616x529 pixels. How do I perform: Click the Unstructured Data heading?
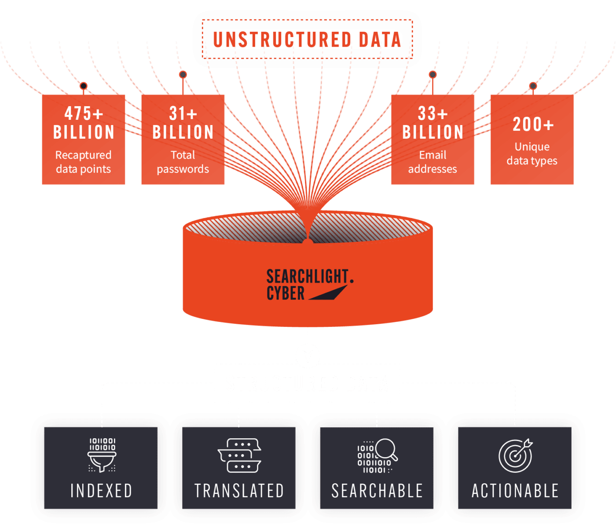point(307,40)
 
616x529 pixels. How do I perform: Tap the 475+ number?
point(84,114)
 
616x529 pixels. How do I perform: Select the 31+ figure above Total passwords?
point(183,114)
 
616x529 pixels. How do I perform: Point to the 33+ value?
point(433,114)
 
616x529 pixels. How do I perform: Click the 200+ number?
point(532,124)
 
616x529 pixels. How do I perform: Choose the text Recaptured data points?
point(84,162)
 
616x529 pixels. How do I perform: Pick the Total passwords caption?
point(183,162)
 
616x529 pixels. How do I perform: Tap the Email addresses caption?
point(433,162)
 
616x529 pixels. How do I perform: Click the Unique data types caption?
point(532,154)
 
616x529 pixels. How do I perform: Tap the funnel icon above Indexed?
point(102,455)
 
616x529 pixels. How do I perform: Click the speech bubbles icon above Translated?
point(239,455)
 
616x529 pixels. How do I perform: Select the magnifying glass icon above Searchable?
point(378,455)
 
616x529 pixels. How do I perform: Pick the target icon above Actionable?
point(515,455)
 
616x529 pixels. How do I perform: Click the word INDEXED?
point(102,491)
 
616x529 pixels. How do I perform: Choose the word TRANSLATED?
point(239,491)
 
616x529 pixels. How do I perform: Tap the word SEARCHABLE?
point(377,491)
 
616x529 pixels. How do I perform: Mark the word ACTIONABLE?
point(515,491)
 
